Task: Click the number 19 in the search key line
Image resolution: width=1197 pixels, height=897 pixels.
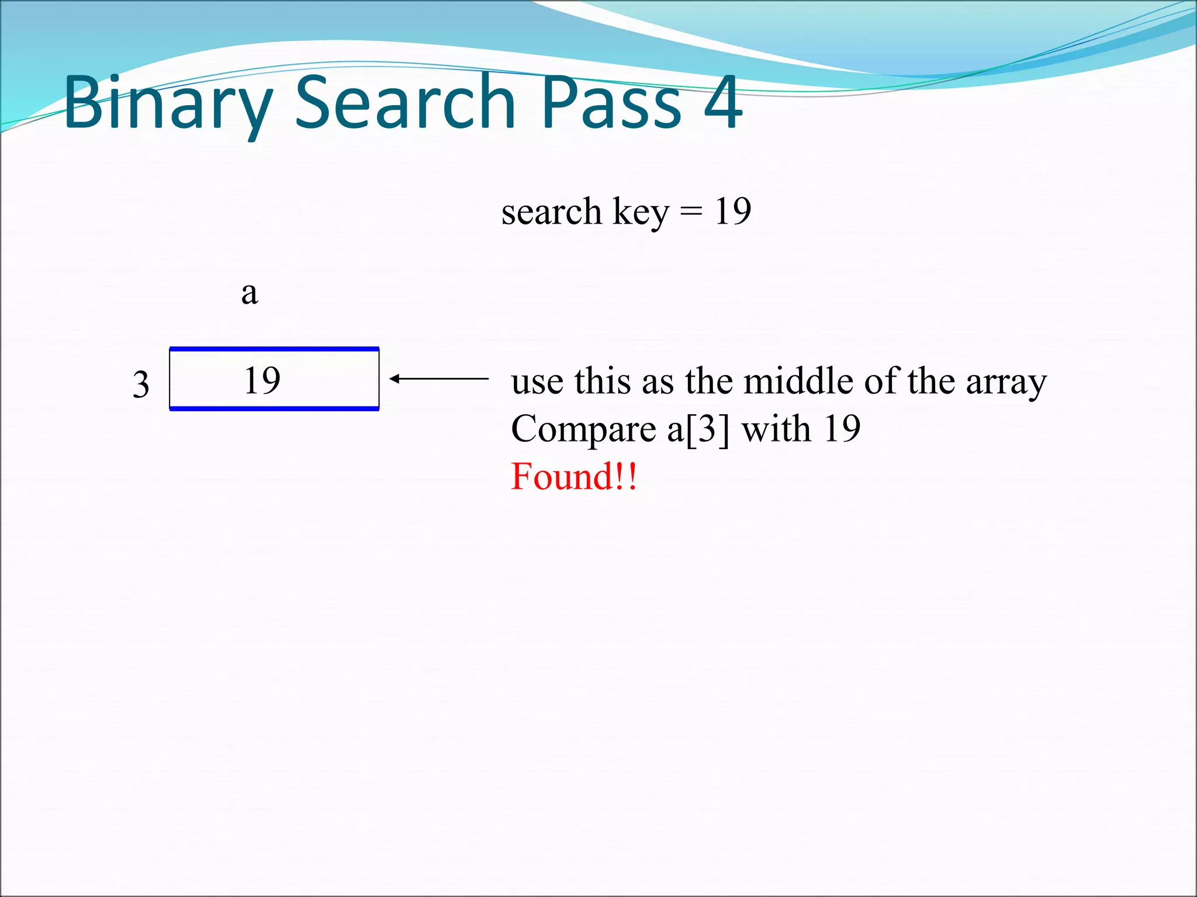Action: coord(732,211)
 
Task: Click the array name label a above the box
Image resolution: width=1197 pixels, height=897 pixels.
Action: coord(250,293)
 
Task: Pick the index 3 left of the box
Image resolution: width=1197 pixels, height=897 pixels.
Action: coord(141,385)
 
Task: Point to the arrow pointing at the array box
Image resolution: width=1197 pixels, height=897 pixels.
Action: coord(438,379)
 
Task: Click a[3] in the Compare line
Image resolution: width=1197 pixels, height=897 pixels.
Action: coord(698,429)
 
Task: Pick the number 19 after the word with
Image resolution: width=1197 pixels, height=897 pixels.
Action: coord(842,429)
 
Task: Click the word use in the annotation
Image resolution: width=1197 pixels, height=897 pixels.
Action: coord(537,382)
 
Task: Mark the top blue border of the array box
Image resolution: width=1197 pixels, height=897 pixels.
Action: coord(274,349)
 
